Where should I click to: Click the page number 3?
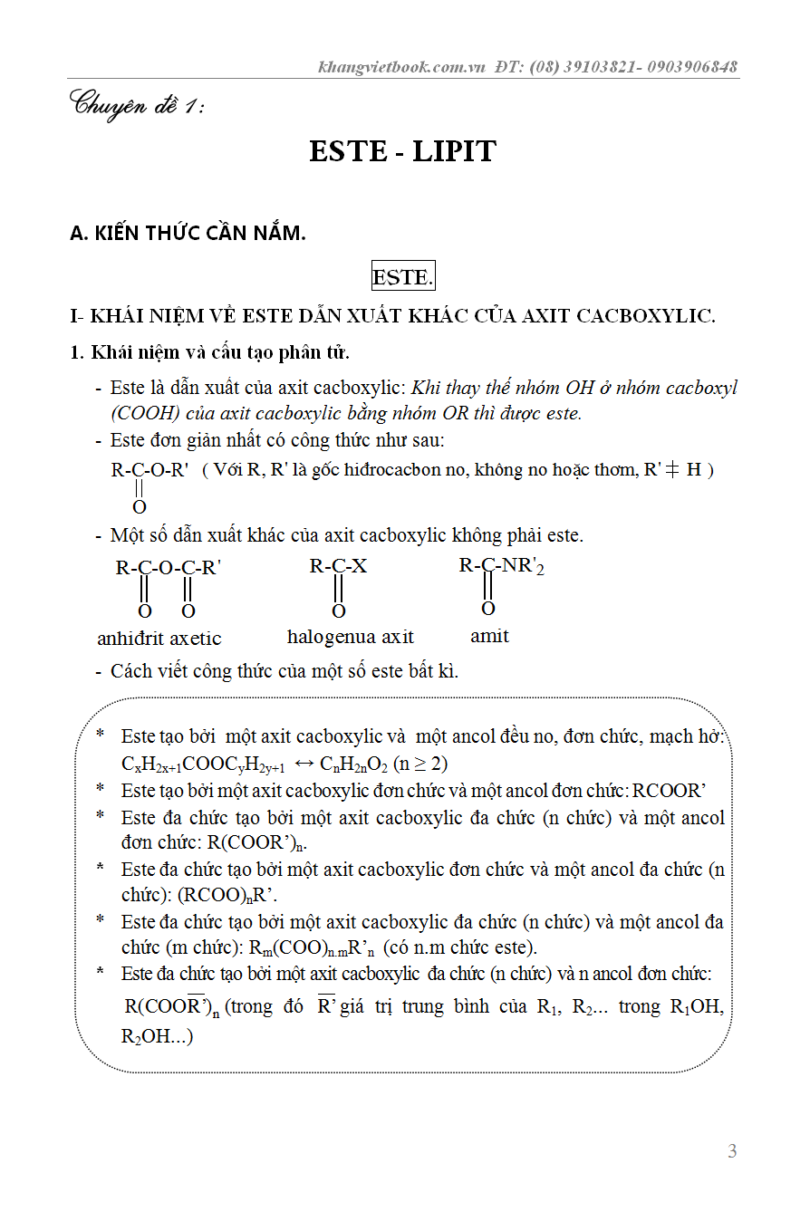[732, 1151]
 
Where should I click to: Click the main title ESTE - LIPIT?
[402, 150]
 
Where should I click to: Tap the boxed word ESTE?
[402, 277]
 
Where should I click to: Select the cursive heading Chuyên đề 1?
[137, 105]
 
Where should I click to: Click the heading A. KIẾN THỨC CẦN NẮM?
[188, 233]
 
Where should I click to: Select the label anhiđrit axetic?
[159, 638]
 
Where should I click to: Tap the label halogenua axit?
[350, 636]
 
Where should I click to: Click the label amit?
[489, 636]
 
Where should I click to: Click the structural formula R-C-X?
[338, 567]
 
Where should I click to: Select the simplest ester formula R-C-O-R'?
[149, 471]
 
